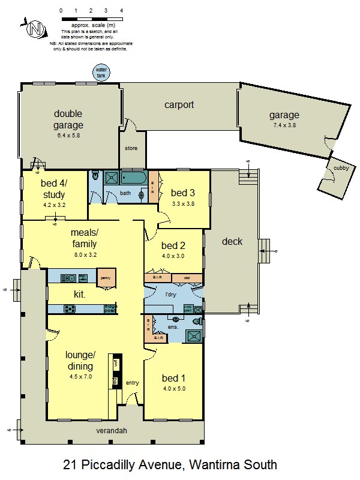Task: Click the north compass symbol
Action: [35, 28]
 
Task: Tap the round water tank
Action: [101, 72]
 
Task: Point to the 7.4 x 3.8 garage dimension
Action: [284, 125]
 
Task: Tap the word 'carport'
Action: [179, 105]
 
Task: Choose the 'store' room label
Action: [131, 148]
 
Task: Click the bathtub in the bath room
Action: [133, 178]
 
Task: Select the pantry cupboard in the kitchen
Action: [106, 277]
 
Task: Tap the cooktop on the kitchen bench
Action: [70, 309]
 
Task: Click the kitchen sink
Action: [67, 278]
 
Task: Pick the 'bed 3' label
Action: [182, 193]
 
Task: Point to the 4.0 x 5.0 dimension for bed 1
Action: [174, 389]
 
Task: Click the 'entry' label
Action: [132, 383]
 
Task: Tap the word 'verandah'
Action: [113, 430]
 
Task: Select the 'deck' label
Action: [232, 241]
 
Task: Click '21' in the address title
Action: [71, 464]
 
